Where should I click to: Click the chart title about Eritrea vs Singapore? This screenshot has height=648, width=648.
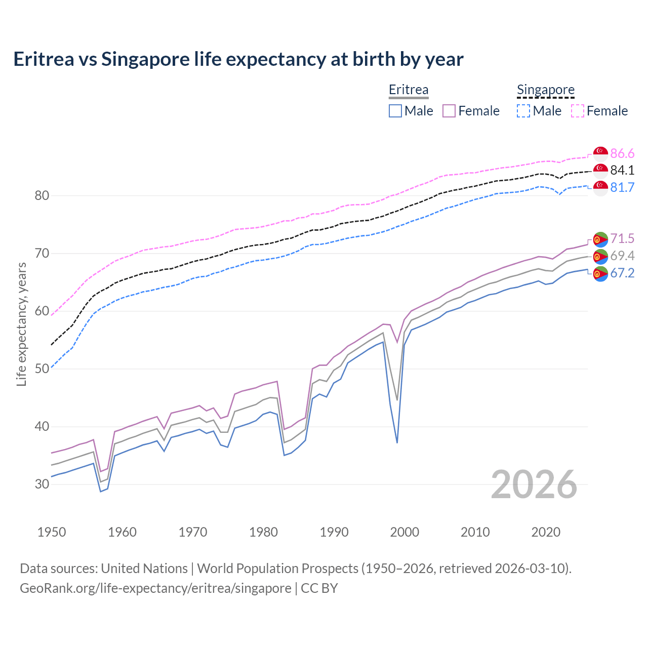tap(238, 59)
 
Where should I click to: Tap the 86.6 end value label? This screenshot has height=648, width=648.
tap(622, 153)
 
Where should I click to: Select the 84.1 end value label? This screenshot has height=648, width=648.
tap(622, 170)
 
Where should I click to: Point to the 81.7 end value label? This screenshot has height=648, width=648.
tap(622, 187)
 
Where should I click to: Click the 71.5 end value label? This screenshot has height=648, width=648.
tap(622, 238)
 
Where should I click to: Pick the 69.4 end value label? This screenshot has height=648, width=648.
tap(622, 256)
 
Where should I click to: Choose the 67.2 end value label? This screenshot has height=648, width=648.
tap(622, 273)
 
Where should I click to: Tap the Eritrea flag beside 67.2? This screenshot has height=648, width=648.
tap(600, 274)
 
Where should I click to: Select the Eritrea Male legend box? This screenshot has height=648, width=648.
tap(395, 111)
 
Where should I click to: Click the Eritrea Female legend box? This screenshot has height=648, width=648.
tap(449, 111)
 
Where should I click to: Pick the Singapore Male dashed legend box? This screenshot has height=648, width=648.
tap(523, 111)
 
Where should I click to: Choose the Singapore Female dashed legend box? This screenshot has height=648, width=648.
tap(578, 111)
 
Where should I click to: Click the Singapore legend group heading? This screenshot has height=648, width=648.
tap(546, 90)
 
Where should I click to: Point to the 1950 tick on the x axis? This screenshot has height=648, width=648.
tap(52, 532)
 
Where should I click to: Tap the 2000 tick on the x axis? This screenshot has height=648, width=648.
tap(404, 532)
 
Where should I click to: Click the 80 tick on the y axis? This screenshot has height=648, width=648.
tap(42, 195)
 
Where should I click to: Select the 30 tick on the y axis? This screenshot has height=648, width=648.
tap(42, 484)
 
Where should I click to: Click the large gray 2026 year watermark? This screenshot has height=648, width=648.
tap(534, 484)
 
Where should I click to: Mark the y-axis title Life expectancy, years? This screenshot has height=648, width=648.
tap(21, 324)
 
